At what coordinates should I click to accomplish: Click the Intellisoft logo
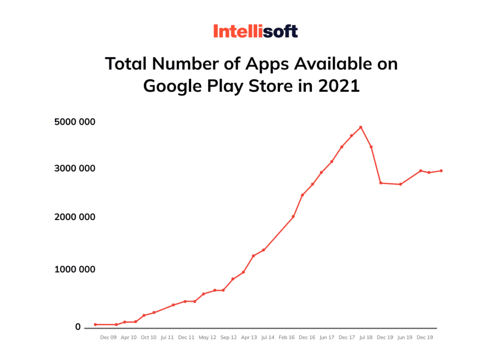(x=255, y=32)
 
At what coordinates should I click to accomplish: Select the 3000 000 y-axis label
(x=75, y=168)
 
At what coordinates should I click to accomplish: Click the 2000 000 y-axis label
(x=75, y=217)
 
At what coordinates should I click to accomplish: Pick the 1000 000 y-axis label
(x=75, y=269)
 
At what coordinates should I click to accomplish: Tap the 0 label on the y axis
(x=78, y=327)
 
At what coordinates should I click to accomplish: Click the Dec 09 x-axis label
(x=108, y=337)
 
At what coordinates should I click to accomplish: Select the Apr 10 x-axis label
(x=128, y=337)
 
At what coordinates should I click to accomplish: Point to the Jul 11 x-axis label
(x=168, y=337)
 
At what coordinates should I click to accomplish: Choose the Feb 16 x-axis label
(x=286, y=337)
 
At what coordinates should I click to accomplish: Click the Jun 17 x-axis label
(x=327, y=337)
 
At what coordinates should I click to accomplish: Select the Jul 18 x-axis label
(x=366, y=337)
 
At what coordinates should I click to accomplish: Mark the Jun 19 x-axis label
(x=405, y=337)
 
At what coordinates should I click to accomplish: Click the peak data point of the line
(x=361, y=127)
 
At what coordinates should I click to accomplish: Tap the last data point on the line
(x=441, y=170)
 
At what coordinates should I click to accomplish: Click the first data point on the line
(x=95, y=325)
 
